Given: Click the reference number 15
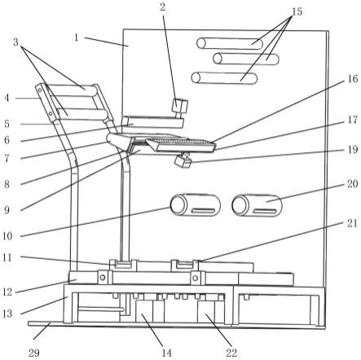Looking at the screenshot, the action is pos(297,11).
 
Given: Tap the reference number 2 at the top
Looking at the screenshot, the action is pos(162,7).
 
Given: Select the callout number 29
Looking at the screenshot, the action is pos(34,353).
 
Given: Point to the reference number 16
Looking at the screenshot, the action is pos(353,79).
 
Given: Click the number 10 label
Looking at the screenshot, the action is pos(7,236).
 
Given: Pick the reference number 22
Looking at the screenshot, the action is pos(231,353).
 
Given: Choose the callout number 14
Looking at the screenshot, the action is pos(167,353).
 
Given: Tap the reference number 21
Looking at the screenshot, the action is pos(352,224).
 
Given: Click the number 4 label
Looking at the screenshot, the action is pos(7,98).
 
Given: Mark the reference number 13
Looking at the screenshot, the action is pos(7,314).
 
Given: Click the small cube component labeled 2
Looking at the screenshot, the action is pos(180,105).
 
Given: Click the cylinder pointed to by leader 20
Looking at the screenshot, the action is pos(257,205).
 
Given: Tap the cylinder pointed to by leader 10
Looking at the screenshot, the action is pos(196,205).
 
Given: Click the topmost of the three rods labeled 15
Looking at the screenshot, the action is pos(230,43).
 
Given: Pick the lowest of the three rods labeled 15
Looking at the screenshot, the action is pos(224,78).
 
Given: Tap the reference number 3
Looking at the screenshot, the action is pos(15,42).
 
